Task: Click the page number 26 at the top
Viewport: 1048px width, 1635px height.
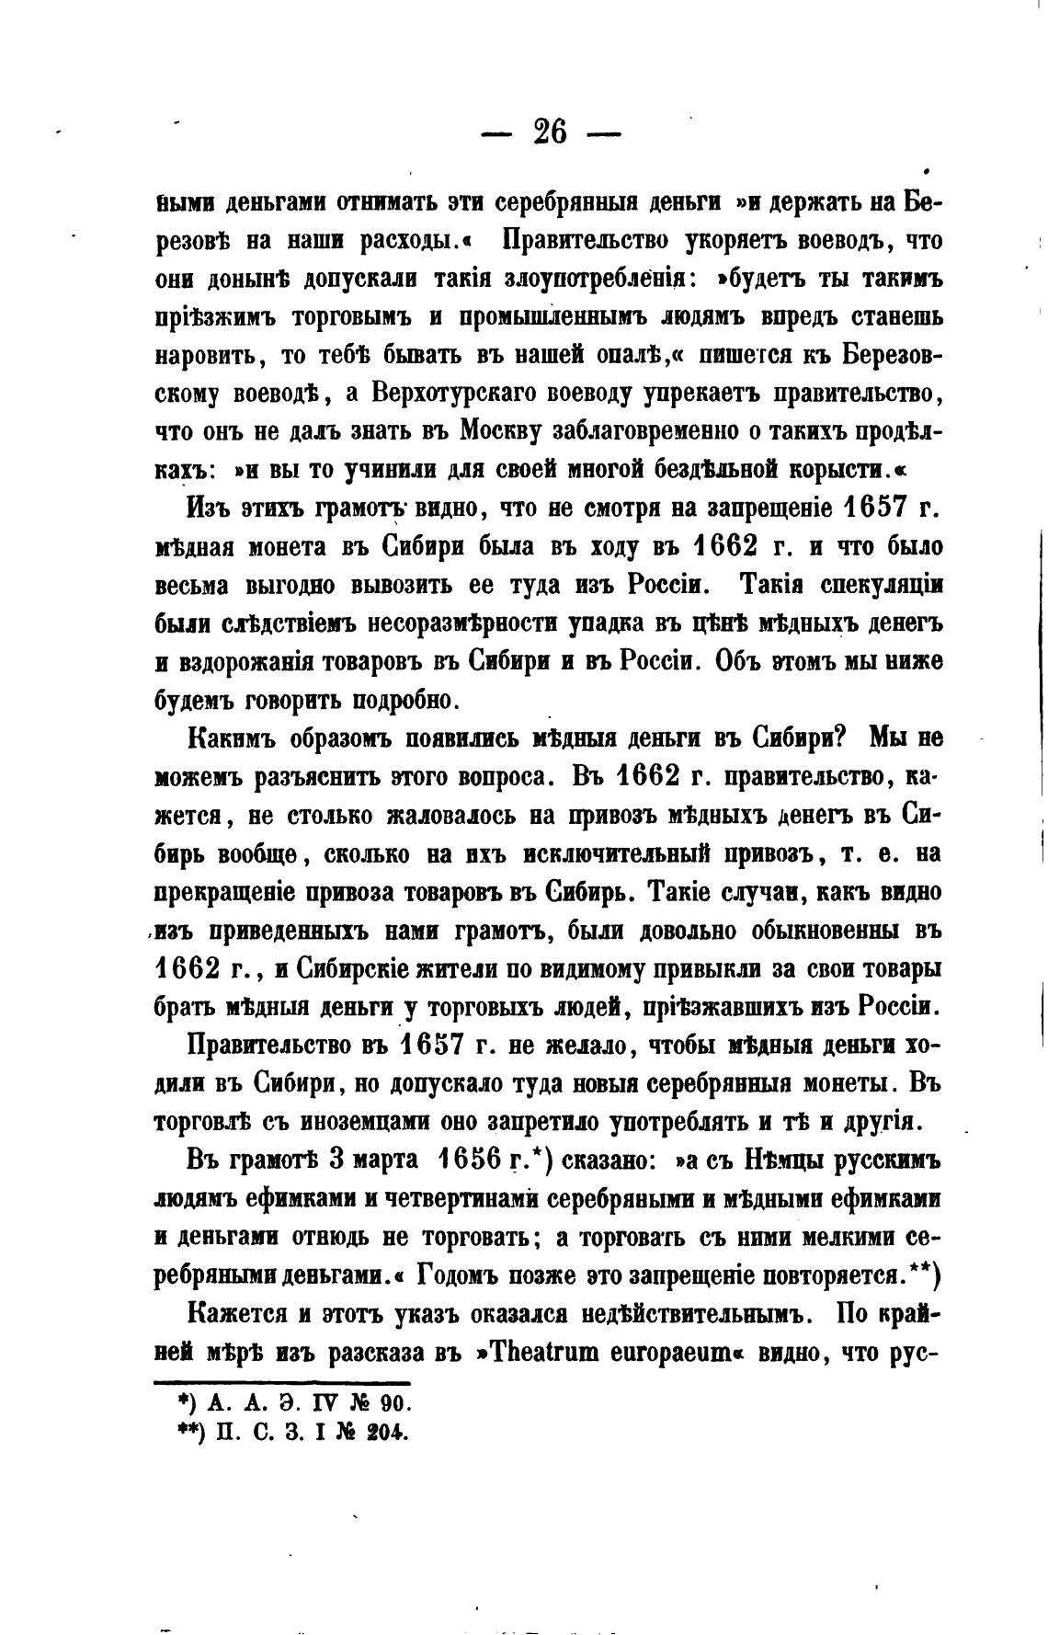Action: pos(551,133)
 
